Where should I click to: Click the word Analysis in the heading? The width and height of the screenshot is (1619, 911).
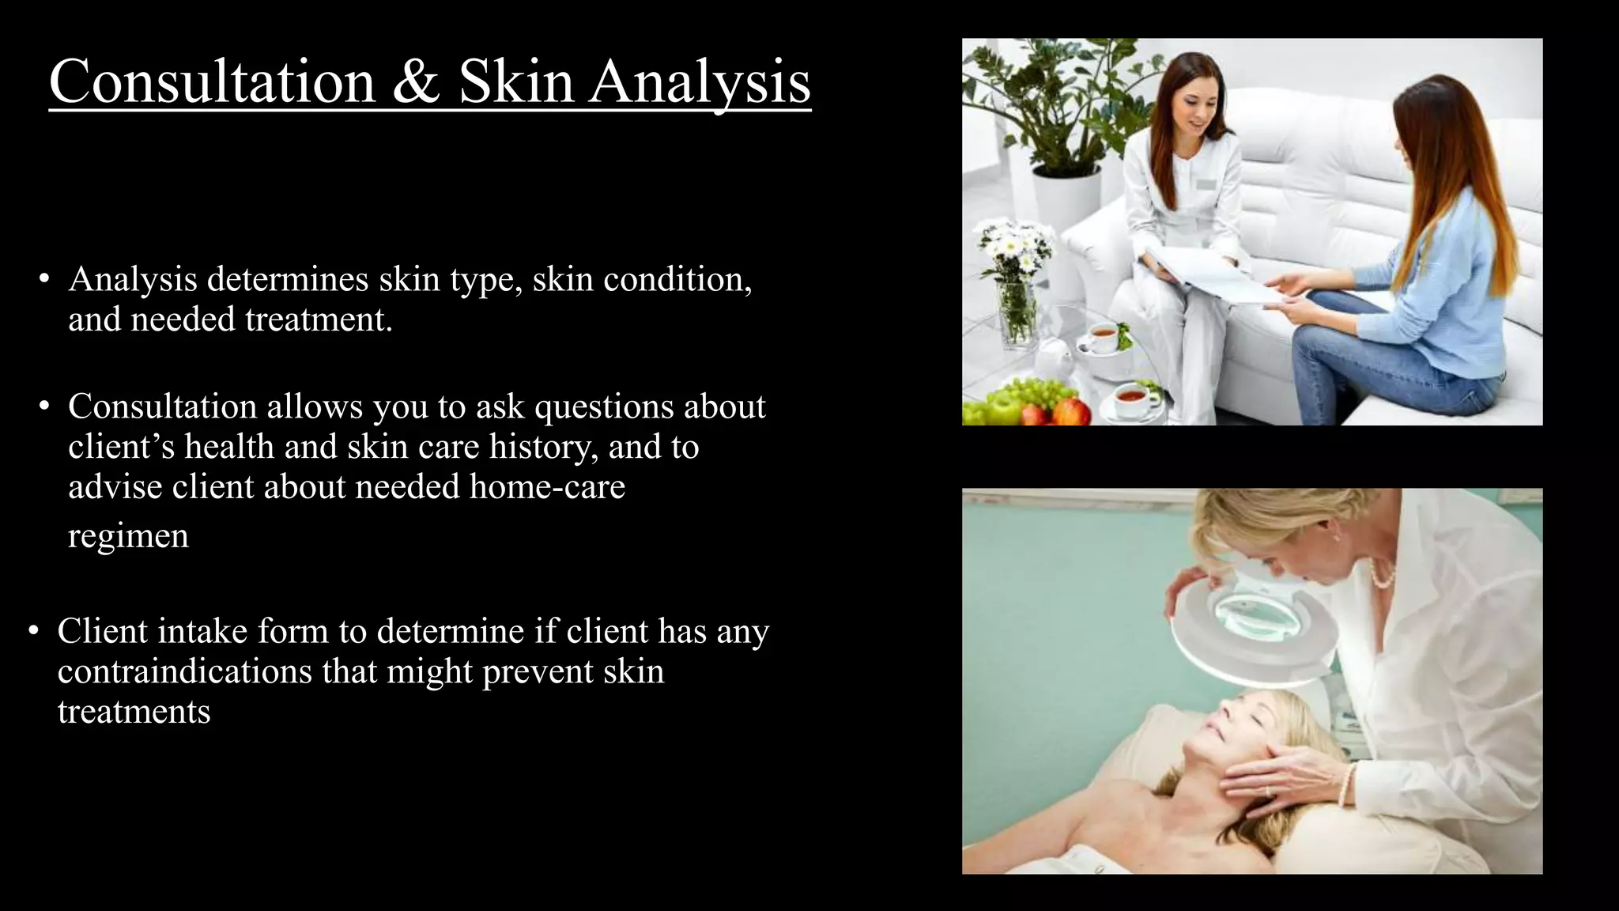coord(700,82)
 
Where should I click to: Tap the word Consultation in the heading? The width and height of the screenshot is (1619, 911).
coord(212,82)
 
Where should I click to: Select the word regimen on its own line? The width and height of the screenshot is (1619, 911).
coord(129,536)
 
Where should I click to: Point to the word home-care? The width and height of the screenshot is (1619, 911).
coord(547,486)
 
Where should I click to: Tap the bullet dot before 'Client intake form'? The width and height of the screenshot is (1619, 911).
coord(33,631)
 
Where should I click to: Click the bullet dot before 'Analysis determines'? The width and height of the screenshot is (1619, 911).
coord(44,279)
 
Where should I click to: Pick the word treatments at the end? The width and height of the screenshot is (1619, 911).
coord(134,712)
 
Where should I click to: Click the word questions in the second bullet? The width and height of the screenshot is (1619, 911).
coord(604,406)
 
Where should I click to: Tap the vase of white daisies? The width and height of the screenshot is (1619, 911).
coord(1015,285)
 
